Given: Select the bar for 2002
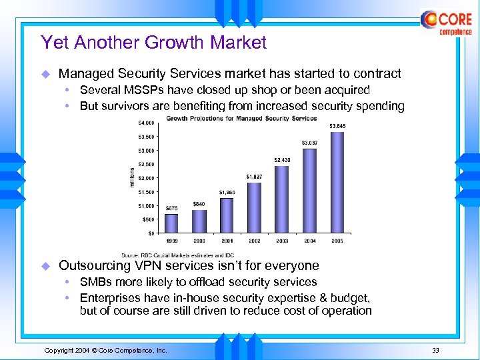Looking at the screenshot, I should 254,208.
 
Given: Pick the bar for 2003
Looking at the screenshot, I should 282,199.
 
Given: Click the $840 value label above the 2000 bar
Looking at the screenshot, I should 199,203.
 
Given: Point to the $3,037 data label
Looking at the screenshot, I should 310,142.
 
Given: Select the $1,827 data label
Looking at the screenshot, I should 254,176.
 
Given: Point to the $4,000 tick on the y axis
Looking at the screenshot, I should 147,123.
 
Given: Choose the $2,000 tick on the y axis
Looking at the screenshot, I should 147,178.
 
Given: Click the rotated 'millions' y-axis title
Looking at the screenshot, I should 132,177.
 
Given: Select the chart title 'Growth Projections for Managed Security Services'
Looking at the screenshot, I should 241,119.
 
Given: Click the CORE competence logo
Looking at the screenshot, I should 446,23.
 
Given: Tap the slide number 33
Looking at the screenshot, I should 435,350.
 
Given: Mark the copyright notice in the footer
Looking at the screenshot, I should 105,350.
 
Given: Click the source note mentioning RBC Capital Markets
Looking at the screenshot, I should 177,255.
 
